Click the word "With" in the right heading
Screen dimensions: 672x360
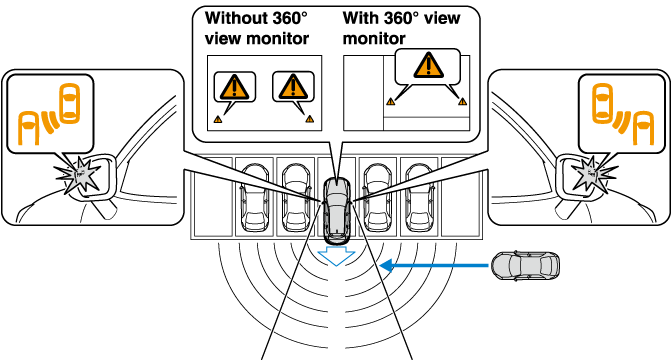tap(359, 18)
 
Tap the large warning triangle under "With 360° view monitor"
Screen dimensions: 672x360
tap(429, 66)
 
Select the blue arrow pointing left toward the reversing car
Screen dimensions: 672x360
tap(434, 266)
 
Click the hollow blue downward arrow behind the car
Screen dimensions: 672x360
tap(336, 255)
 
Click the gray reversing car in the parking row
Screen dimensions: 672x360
tap(336, 209)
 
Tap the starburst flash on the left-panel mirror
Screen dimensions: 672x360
tap(80, 174)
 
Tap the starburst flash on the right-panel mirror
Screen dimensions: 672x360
tap(591, 174)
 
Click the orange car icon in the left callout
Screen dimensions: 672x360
tap(69, 103)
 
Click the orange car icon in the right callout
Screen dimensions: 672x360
tap(603, 103)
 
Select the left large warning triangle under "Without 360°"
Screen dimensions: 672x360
tap(234, 87)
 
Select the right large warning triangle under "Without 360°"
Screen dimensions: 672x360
tap(293, 87)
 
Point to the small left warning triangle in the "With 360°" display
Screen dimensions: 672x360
tap(390, 102)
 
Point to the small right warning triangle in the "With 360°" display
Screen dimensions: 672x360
tap(462, 102)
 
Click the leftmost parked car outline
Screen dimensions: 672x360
tap(255, 197)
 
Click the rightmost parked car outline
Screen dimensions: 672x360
tap(419, 197)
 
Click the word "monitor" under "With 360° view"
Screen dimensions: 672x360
tap(374, 39)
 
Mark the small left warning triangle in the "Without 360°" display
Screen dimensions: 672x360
tap(218, 120)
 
